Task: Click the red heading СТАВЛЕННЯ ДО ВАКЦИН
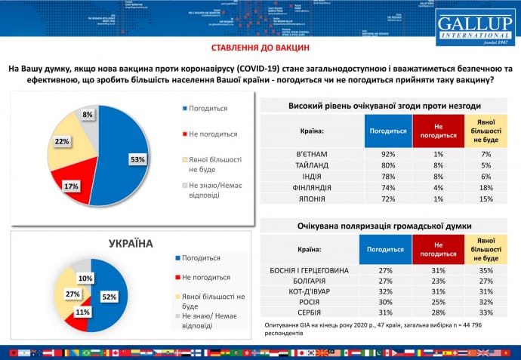point(260,48)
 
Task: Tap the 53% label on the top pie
point(137,159)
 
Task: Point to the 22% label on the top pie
point(63,141)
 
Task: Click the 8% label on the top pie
point(88,115)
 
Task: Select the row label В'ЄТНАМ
point(311,154)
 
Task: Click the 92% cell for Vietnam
point(387,154)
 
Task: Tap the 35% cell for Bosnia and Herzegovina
point(486,269)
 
